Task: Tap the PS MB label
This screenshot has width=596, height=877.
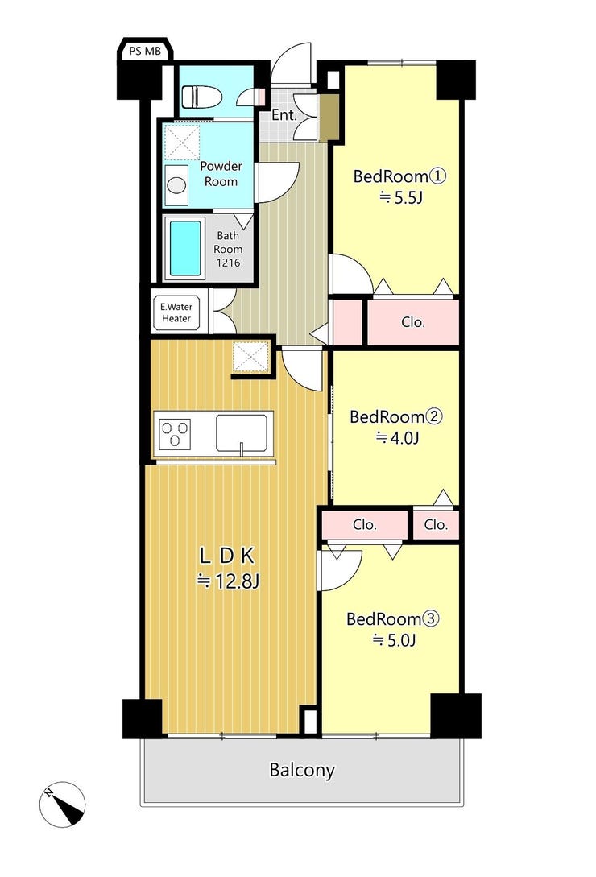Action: pos(145,51)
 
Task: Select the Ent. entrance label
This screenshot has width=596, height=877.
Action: pos(284,115)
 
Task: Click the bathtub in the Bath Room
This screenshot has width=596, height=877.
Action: pos(184,248)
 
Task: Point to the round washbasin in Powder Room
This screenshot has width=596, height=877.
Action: pos(177,184)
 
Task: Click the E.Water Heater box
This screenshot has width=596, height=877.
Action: pos(176,312)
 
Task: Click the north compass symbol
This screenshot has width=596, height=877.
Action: pos(62,805)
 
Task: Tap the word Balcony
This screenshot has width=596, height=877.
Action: pos(302,770)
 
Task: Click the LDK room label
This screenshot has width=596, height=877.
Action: pos(228,556)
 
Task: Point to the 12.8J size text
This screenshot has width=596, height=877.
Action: pos(228,582)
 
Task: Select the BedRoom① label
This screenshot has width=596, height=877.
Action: pos(399,176)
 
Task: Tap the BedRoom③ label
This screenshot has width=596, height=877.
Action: pos(393,619)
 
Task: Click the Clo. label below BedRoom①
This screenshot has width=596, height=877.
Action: pos(413,323)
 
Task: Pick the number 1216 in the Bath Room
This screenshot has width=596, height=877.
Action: pos(228,263)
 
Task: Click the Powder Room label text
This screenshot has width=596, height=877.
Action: pos(221,174)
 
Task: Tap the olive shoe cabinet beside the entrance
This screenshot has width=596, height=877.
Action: pos(329,118)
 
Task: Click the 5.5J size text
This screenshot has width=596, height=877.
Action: pos(400,197)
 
